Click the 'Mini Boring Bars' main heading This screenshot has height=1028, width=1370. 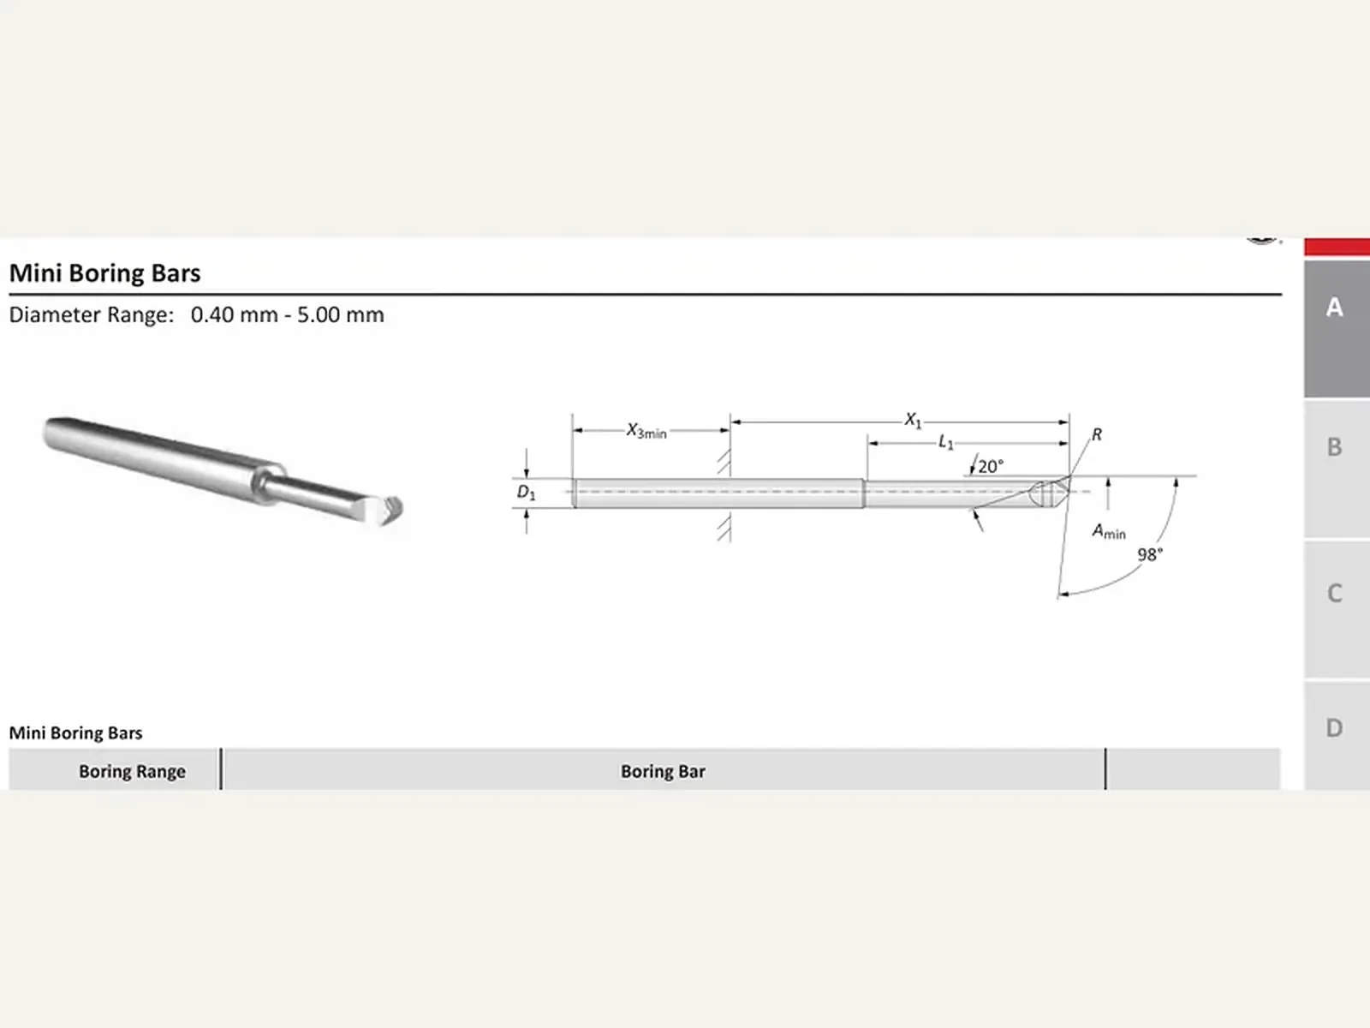click(x=104, y=273)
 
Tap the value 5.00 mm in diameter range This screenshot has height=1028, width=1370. click(x=341, y=314)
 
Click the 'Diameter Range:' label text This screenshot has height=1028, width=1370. click(x=91, y=314)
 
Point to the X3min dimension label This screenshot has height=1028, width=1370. click(x=646, y=431)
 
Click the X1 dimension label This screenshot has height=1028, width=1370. click(x=913, y=420)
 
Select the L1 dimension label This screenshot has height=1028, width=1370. click(x=946, y=443)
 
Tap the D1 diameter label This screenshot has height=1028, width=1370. click(x=526, y=493)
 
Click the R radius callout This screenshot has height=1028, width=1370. click(x=1097, y=434)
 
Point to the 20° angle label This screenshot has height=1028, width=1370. click(x=992, y=466)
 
